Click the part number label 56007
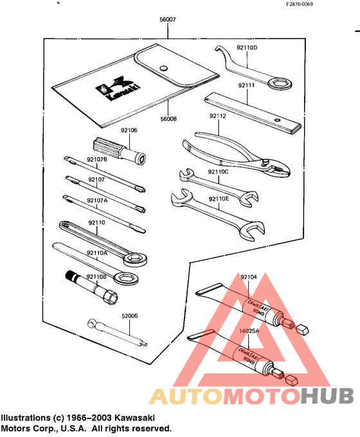tap(167, 21)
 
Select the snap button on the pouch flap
tap(163, 66)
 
